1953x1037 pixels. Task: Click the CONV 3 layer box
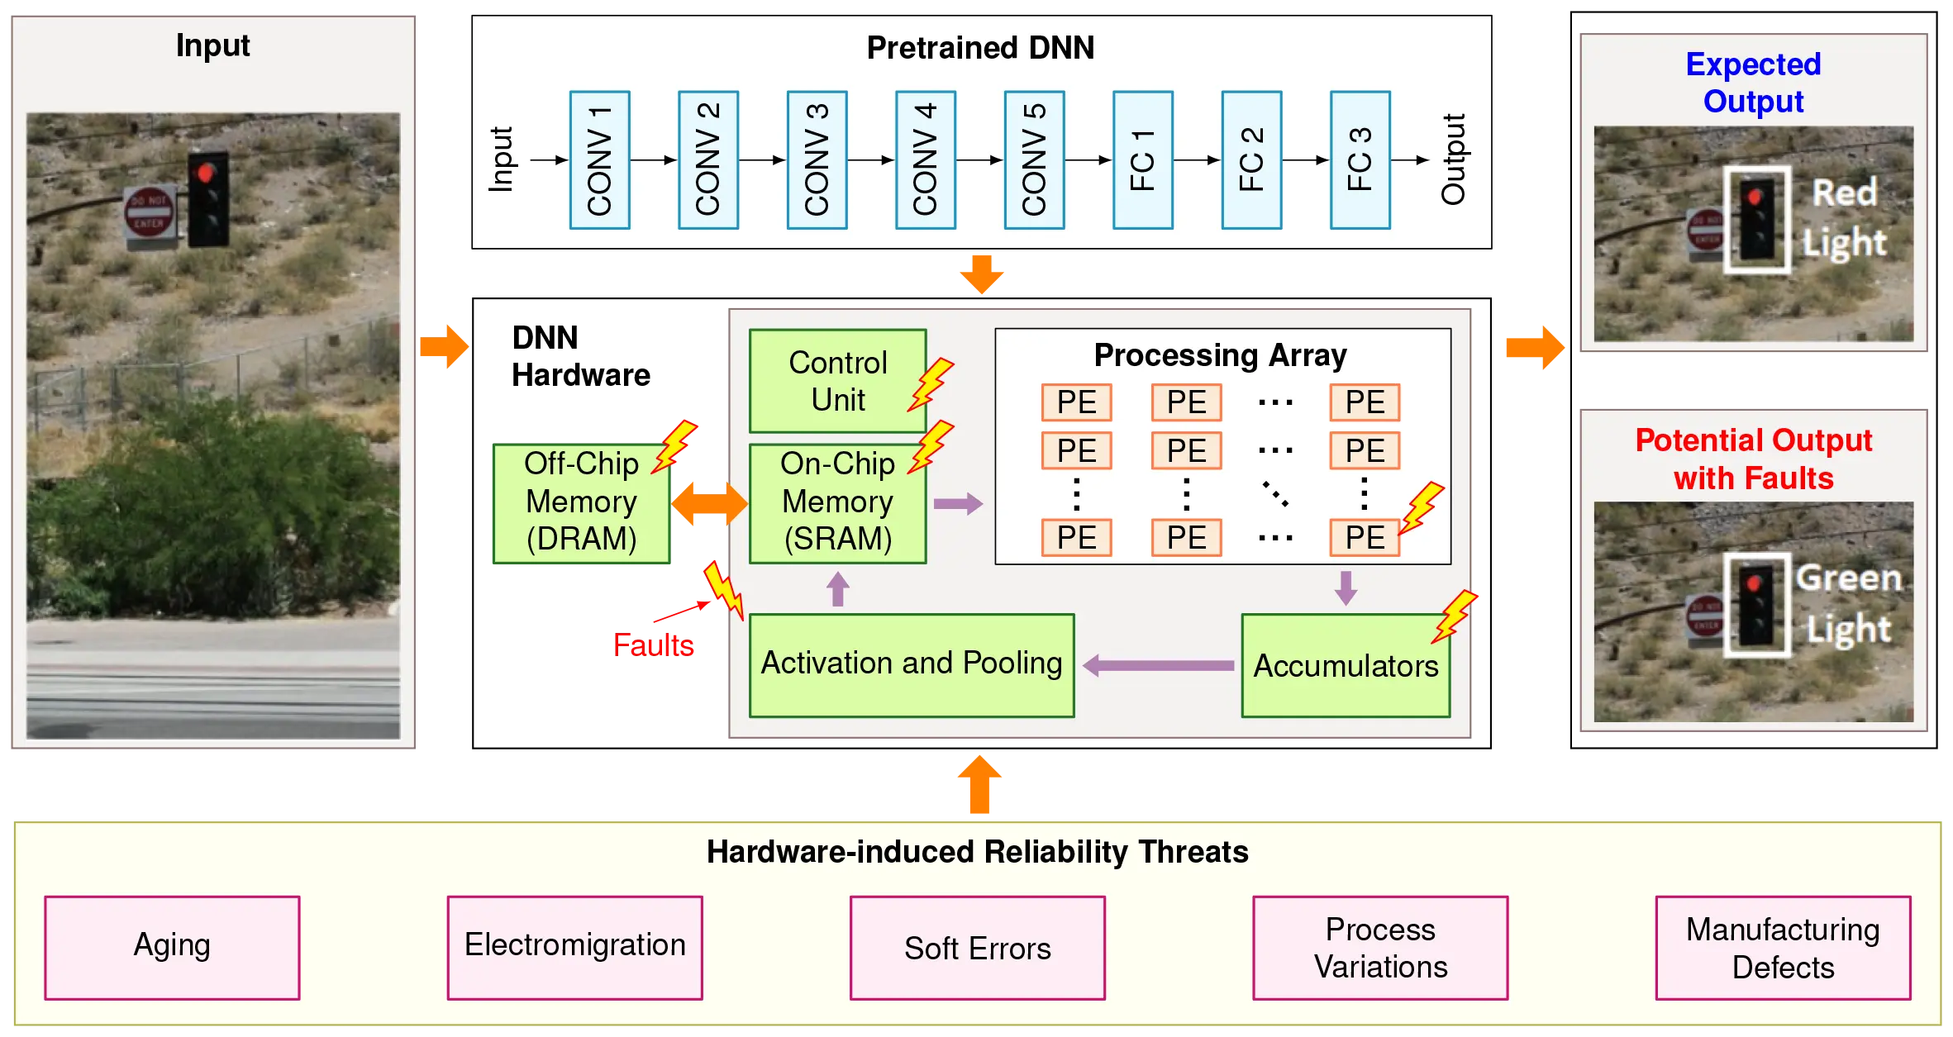(x=817, y=160)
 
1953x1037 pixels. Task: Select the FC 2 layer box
(x=1251, y=160)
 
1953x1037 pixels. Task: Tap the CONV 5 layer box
(x=1034, y=160)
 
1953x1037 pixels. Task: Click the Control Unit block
(x=837, y=381)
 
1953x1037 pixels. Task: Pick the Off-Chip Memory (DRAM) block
(x=581, y=502)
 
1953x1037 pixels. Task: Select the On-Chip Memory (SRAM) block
(x=837, y=502)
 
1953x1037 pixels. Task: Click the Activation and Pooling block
(x=911, y=664)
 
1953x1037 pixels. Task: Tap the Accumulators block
(x=1346, y=666)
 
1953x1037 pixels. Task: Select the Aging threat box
(x=172, y=947)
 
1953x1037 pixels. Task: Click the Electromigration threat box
(x=574, y=947)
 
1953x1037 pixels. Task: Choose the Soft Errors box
(x=977, y=947)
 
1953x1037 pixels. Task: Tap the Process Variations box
(x=1380, y=947)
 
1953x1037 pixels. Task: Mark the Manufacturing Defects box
(x=1783, y=947)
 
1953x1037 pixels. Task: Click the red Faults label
(x=653, y=645)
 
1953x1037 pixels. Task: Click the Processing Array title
(x=1220, y=355)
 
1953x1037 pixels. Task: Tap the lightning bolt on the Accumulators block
(x=1455, y=615)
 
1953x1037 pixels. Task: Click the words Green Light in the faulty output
(x=1848, y=603)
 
